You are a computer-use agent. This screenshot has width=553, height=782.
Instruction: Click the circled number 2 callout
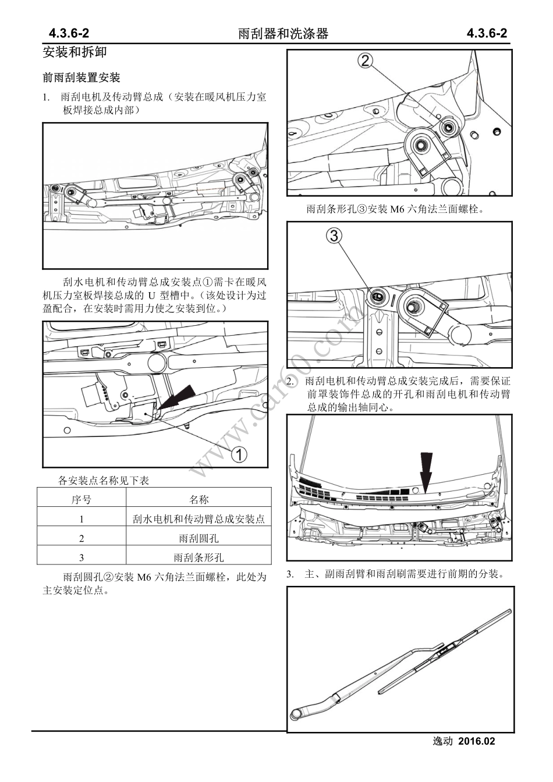tap(365, 60)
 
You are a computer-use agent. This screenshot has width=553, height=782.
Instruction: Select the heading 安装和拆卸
tap(75, 52)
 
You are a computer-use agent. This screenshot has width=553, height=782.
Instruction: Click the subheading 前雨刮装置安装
tap(81, 77)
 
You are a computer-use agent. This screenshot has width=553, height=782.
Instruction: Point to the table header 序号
tap(81, 499)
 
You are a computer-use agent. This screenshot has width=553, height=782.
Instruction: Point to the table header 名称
tap(198, 499)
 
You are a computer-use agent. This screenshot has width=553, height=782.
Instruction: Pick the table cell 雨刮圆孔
tap(198, 538)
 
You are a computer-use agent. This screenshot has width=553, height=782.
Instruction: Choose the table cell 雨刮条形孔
tap(198, 557)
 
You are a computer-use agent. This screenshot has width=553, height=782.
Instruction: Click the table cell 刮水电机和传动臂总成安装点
tap(198, 519)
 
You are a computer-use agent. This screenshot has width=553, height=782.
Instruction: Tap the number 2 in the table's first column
tap(81, 538)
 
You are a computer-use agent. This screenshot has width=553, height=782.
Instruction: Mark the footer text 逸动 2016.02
tap(464, 741)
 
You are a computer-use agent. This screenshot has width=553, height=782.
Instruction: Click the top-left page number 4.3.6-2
tap(69, 33)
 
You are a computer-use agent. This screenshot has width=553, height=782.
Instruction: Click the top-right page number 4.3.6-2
tap(487, 33)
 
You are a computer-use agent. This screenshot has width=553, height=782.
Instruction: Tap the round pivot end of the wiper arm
tap(299, 715)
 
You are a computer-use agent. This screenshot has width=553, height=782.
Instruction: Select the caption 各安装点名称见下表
tap(104, 480)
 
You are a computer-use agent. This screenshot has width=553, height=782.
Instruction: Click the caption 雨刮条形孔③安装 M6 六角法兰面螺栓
tap(395, 209)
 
